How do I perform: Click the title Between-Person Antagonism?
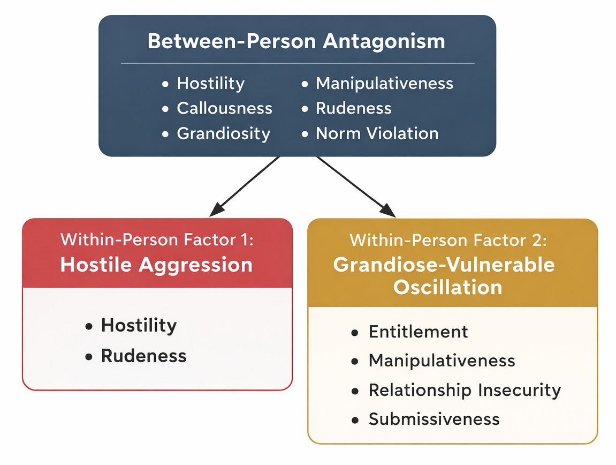click(296, 42)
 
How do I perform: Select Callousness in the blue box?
click(224, 108)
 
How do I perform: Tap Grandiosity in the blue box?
click(223, 133)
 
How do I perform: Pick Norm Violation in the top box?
click(377, 133)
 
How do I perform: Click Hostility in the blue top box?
click(210, 84)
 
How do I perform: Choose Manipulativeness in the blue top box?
click(384, 84)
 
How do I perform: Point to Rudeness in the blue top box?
click(353, 108)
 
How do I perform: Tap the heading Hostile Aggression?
click(156, 265)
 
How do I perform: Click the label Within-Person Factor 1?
click(157, 239)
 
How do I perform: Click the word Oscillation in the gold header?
click(448, 287)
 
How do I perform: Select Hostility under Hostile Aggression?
click(139, 325)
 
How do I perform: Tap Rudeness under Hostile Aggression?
click(143, 356)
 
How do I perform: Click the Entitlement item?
click(418, 332)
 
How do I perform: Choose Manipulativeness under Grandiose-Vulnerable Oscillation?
click(442, 361)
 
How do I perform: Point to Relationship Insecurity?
click(465, 390)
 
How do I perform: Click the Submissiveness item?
click(434, 419)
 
